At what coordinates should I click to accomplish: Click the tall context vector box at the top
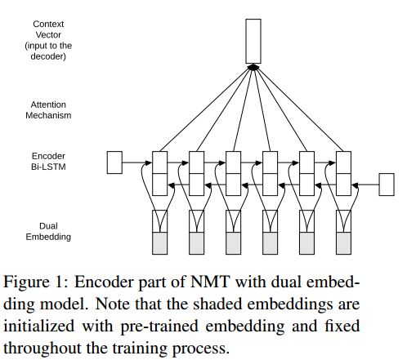[253, 41]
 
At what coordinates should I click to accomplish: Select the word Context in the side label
[48, 24]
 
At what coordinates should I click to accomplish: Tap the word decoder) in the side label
[48, 56]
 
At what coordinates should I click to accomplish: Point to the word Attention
[48, 104]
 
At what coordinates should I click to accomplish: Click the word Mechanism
[48, 115]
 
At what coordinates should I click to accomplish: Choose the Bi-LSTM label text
[48, 167]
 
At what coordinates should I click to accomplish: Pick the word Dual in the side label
[48, 226]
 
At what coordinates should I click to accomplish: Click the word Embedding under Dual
[48, 237]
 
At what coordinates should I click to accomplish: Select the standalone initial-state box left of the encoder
[114, 162]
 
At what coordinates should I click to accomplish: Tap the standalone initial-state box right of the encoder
[387, 184]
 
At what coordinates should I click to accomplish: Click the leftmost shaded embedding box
[159, 243]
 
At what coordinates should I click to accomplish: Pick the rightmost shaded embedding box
[343, 243]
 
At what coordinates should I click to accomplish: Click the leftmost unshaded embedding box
[159, 221]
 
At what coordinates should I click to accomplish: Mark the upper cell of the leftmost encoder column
[159, 162]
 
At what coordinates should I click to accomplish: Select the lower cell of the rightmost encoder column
[343, 184]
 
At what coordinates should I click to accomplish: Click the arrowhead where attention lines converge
[253, 67]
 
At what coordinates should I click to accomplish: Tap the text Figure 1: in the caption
[35, 282]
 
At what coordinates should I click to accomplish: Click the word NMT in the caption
[209, 282]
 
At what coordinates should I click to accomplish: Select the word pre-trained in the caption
[159, 326]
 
